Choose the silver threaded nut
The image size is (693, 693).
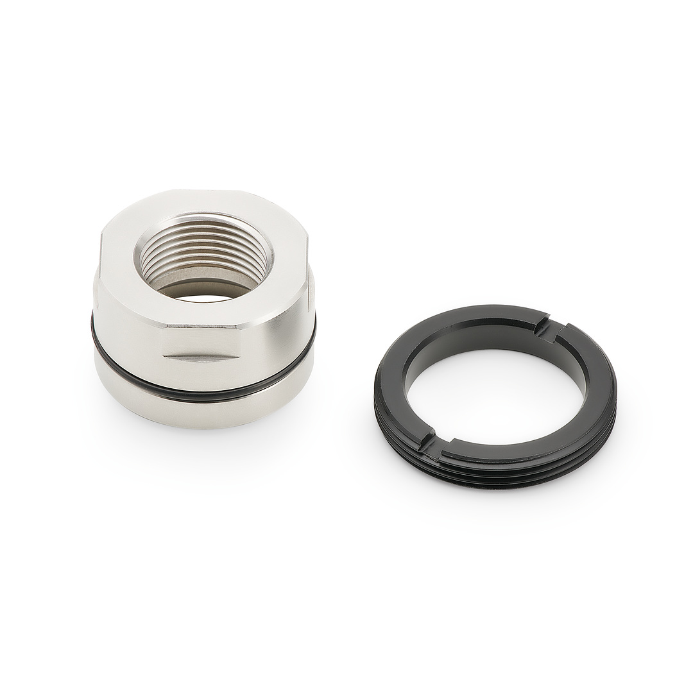pyautogui.click(x=203, y=308)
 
